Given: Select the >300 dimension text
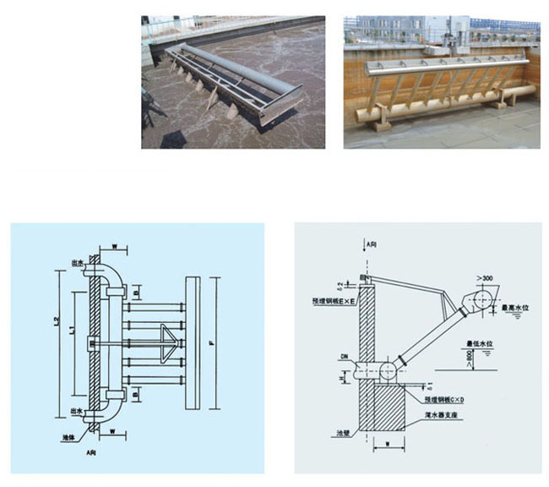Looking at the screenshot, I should [x=485, y=277].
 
